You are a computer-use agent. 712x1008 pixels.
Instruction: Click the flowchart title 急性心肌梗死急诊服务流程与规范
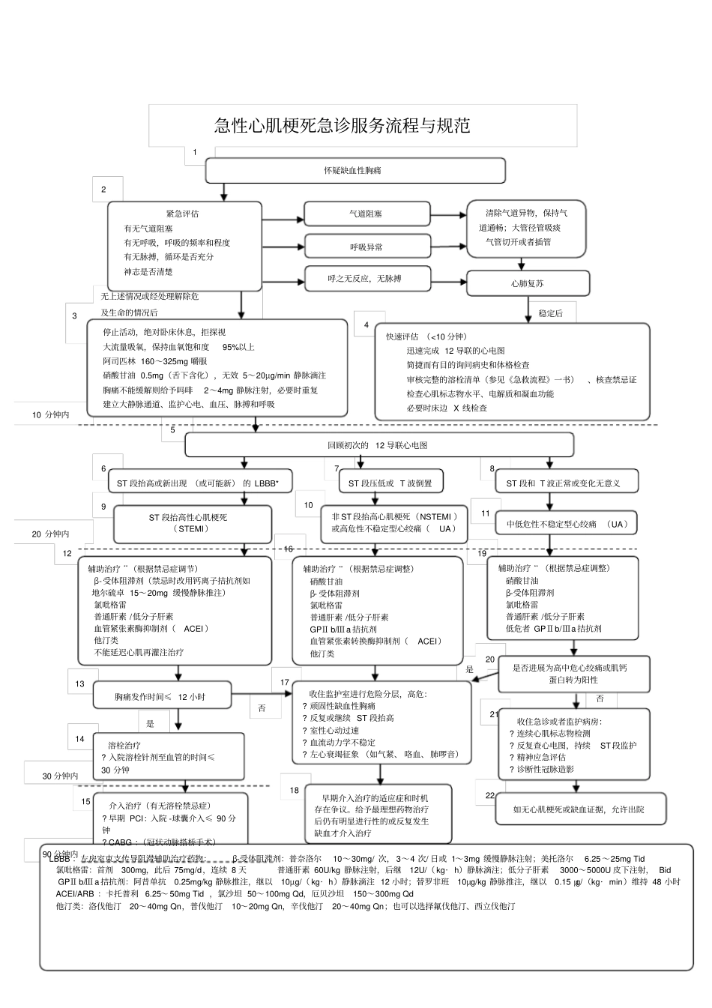coord(343,126)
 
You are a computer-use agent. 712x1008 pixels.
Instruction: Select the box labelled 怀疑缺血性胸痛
coord(355,171)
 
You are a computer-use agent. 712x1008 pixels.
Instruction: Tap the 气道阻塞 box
coord(366,214)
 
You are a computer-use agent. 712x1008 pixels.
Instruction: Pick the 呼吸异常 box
coord(366,247)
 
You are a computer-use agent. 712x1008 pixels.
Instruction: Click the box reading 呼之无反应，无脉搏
coord(366,279)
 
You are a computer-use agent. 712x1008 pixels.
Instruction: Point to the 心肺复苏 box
coord(528,284)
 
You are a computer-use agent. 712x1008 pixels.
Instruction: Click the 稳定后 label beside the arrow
coord(550,313)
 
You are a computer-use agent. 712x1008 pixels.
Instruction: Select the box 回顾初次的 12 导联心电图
coord(378,445)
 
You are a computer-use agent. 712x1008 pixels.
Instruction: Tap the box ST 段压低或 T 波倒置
coord(390,483)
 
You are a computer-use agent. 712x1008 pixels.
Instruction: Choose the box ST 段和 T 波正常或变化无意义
coord(566,483)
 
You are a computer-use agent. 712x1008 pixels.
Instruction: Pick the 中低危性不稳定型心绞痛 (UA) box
coord(566,524)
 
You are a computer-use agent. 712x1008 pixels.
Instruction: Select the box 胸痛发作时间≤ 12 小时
coord(161,696)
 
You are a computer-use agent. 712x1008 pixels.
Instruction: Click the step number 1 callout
coord(195,153)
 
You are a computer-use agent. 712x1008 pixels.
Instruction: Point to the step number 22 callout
coord(490,795)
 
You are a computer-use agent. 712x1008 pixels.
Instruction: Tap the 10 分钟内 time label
coord(51,414)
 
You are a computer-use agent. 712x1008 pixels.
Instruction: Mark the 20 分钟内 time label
coord(50,534)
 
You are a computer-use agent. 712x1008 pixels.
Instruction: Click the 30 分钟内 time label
coord(61,776)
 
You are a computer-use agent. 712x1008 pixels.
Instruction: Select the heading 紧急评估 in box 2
coord(182,214)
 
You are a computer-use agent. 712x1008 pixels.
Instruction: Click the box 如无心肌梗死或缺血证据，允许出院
coord(578,809)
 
